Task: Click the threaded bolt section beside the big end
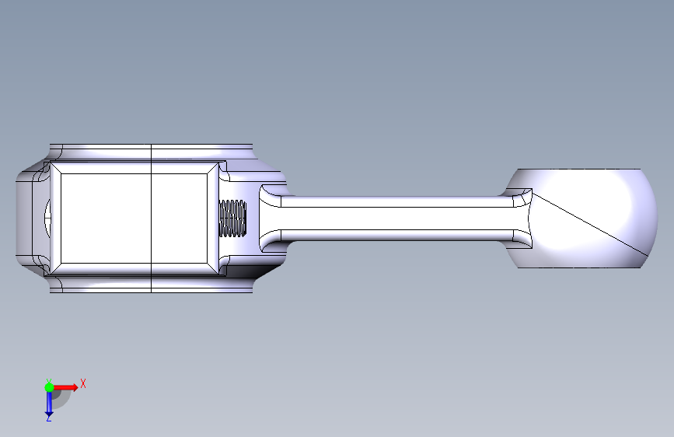[232, 218]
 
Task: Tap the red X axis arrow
[65, 387]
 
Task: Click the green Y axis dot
[49, 387]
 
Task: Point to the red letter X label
[83, 383]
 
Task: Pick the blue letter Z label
[48, 418]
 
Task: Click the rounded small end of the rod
[581, 218]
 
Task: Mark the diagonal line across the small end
[589, 225]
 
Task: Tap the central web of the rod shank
[396, 218]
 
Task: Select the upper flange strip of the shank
[396, 201]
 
